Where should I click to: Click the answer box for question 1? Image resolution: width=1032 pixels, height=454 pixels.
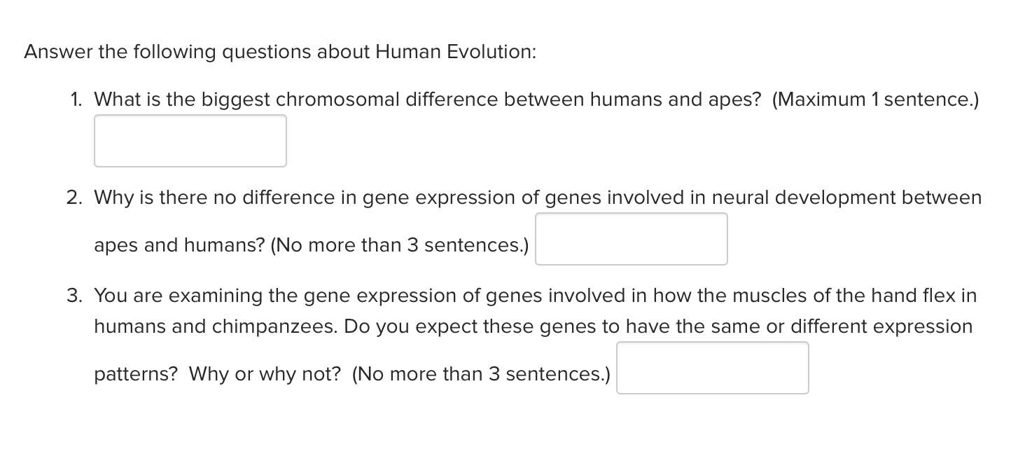pos(190,141)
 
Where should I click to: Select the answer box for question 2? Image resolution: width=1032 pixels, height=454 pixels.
pos(631,239)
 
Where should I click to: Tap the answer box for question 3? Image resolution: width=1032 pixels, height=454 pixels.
pos(712,368)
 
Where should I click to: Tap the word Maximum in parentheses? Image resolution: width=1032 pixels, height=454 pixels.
pos(821,99)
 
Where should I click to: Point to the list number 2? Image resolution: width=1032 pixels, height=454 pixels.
pos(74,198)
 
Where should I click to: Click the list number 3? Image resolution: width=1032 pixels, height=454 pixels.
pos(74,296)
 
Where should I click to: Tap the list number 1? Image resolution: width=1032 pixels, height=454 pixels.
pos(75,99)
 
